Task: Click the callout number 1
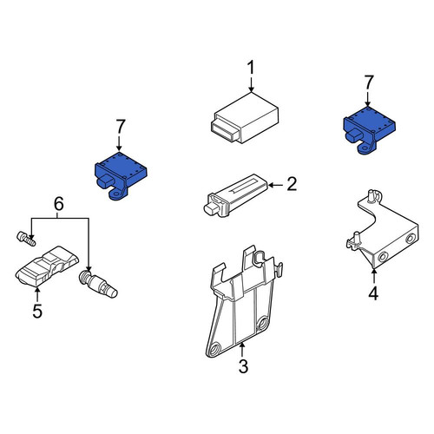(x=251, y=69)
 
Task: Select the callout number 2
(x=292, y=184)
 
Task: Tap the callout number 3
(x=243, y=366)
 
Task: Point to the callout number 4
(x=373, y=293)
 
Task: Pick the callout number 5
(x=37, y=311)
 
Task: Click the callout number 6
(x=59, y=204)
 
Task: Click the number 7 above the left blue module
(x=120, y=128)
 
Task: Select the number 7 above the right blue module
(x=369, y=82)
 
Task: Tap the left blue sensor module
(x=121, y=175)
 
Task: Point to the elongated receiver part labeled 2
(x=237, y=194)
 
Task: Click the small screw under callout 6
(x=26, y=239)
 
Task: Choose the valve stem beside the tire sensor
(x=98, y=284)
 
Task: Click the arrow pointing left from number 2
(x=277, y=185)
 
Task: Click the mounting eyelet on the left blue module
(x=117, y=194)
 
